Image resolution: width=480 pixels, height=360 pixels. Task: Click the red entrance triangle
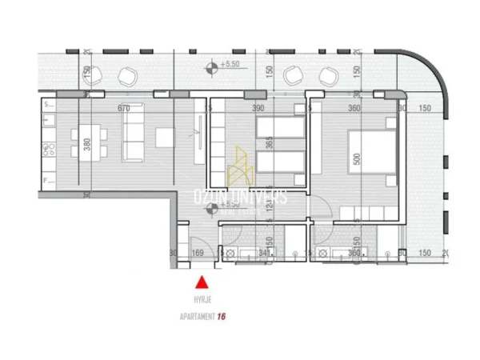click(x=202, y=281)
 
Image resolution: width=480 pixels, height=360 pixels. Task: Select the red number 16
click(x=222, y=316)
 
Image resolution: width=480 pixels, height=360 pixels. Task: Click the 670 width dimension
click(x=122, y=107)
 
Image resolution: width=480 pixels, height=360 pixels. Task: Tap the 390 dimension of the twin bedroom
click(x=258, y=107)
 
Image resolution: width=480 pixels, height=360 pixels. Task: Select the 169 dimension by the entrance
click(x=198, y=254)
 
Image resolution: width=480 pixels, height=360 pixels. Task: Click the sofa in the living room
click(x=131, y=132)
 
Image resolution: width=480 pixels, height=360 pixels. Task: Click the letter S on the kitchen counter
click(x=46, y=104)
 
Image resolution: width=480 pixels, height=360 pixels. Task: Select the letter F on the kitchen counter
click(x=46, y=181)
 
